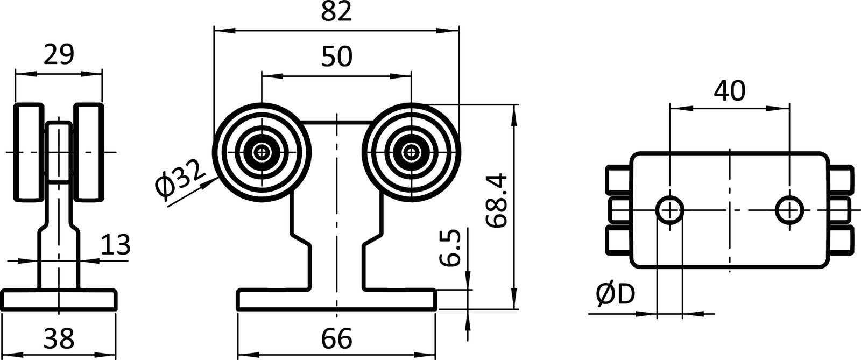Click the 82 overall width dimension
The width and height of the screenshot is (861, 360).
336,12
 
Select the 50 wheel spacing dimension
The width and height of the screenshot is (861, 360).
336,56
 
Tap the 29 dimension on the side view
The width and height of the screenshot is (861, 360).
58,55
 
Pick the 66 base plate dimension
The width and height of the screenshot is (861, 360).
336,339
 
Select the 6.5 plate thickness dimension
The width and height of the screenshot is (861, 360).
451,248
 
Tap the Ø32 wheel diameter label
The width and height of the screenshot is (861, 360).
180,180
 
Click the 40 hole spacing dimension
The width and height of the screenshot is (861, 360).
729,91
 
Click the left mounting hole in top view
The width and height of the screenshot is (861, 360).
669,209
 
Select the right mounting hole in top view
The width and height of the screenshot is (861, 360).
789,209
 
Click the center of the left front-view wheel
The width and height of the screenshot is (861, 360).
262,152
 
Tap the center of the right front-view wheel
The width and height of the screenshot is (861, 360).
412,152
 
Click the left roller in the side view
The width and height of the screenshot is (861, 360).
29,152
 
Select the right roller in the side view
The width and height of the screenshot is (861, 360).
88,152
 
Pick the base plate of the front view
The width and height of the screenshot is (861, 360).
336,300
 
